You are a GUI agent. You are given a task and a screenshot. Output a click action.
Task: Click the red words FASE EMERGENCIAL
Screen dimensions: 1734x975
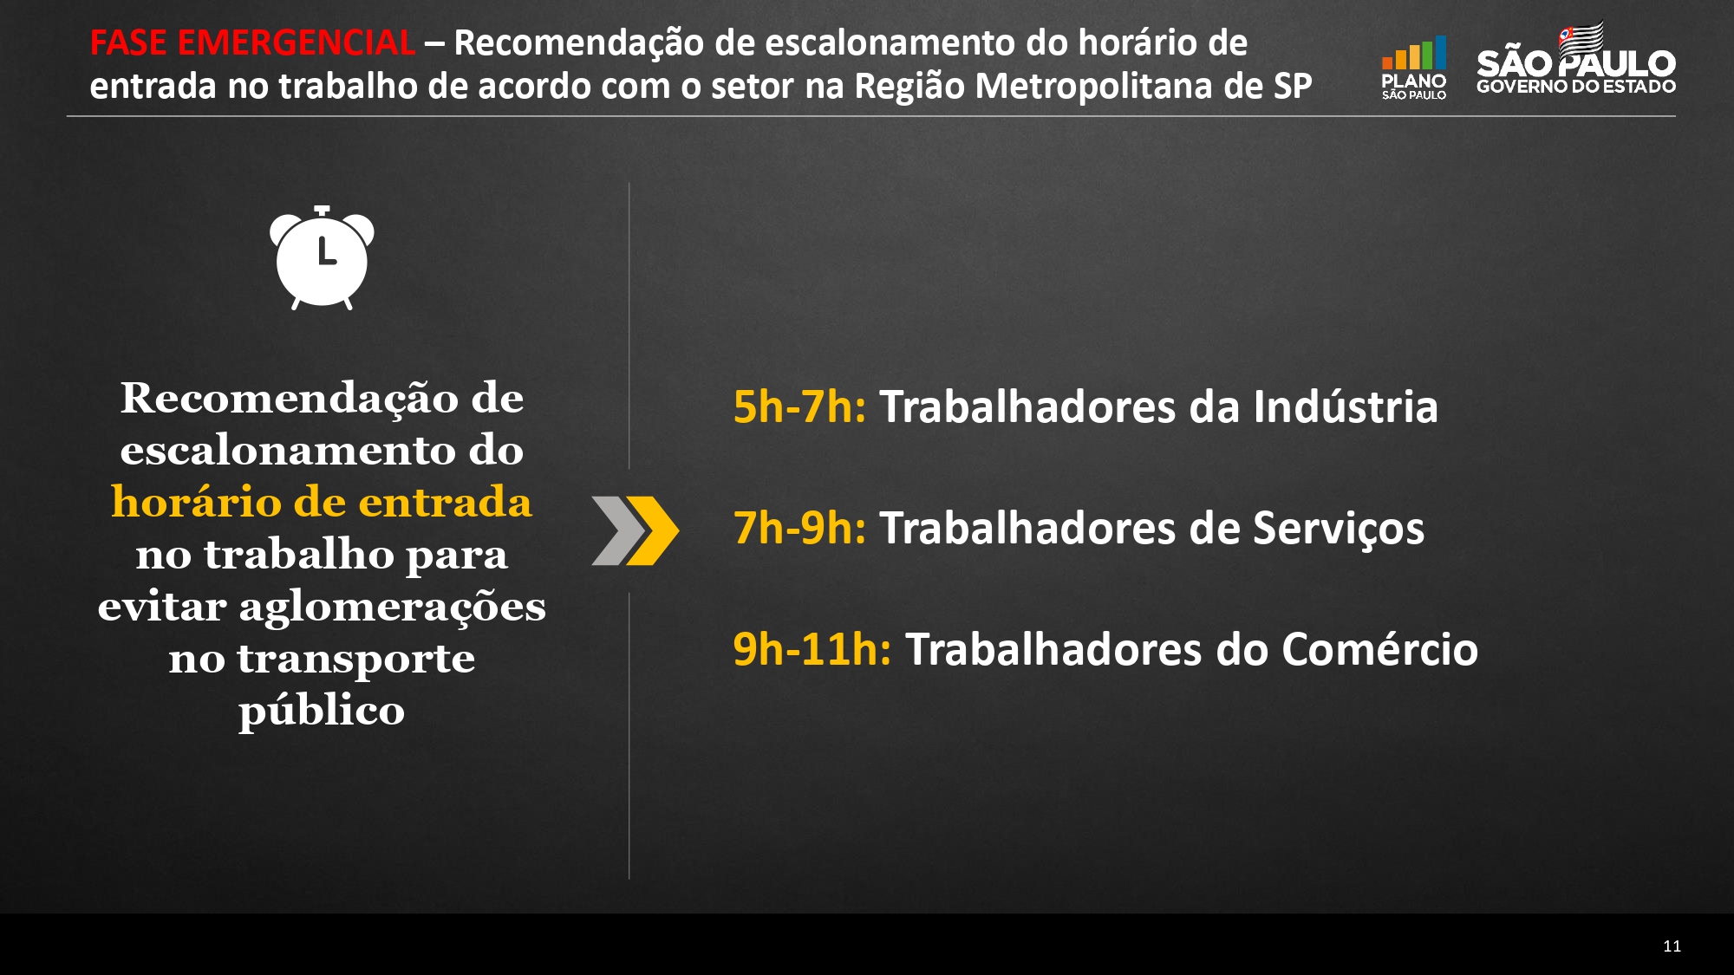[252, 42]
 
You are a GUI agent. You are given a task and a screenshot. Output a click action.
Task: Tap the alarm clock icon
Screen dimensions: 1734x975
[322, 257]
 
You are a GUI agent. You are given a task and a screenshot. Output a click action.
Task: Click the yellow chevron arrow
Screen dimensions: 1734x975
[652, 530]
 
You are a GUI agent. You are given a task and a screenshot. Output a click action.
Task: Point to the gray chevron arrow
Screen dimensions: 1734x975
[617, 530]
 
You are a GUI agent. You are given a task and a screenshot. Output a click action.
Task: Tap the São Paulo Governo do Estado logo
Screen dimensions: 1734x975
[1576, 59]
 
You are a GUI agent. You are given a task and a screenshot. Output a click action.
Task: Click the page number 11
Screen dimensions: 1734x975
[1672, 946]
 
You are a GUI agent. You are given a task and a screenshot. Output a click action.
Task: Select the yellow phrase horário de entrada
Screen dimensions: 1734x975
[322, 502]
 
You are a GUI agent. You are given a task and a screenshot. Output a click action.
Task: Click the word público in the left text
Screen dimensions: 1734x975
[322, 712]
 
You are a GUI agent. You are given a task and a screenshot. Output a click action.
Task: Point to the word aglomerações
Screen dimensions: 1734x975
[392, 607]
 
